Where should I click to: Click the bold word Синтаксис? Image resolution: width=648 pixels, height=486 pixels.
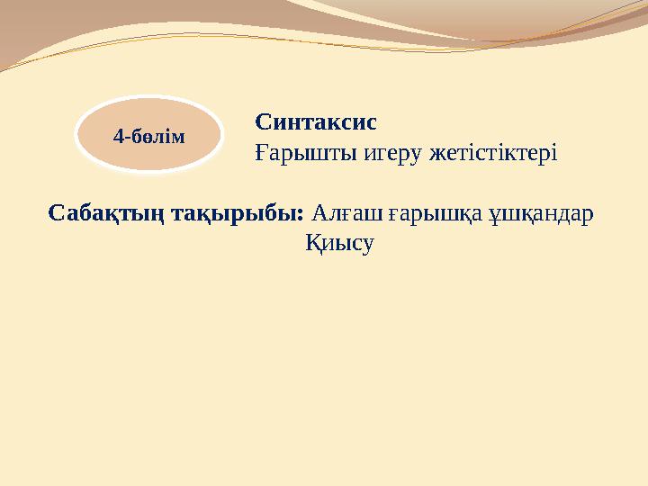[316, 121]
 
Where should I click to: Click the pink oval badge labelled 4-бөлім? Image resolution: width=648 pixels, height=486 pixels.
[148, 136]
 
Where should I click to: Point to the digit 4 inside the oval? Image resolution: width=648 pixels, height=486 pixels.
[117, 138]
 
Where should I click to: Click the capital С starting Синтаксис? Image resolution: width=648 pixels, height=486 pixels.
[263, 121]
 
